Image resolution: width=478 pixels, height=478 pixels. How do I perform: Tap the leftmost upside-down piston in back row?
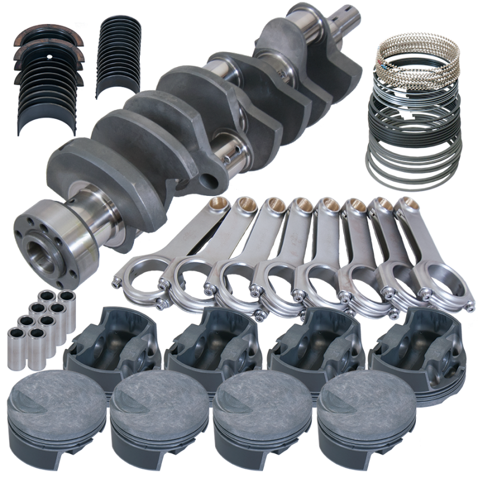114,338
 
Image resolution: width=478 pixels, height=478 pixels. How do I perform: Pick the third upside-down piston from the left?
311,338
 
